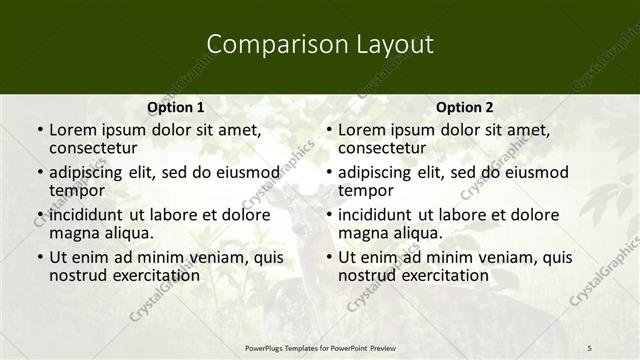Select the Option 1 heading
(176, 107)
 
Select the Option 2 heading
(464, 107)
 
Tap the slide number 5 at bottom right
(589, 347)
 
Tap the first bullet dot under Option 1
(40, 131)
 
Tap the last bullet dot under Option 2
(329, 257)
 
